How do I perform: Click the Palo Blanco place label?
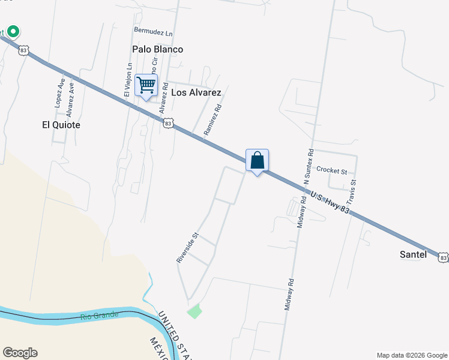(x=157, y=49)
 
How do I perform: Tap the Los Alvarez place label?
(x=196, y=92)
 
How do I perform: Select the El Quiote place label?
(x=61, y=125)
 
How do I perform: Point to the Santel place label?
(x=413, y=254)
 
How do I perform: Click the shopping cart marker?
(x=146, y=85)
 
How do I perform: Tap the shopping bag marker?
(x=257, y=161)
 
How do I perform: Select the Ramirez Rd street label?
(x=212, y=119)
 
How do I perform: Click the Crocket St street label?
(x=331, y=171)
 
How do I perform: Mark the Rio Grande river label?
(x=96, y=316)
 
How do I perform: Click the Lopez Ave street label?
(x=59, y=92)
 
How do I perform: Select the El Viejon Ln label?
(x=127, y=80)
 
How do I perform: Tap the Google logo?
(x=20, y=353)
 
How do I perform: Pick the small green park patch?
(x=194, y=311)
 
